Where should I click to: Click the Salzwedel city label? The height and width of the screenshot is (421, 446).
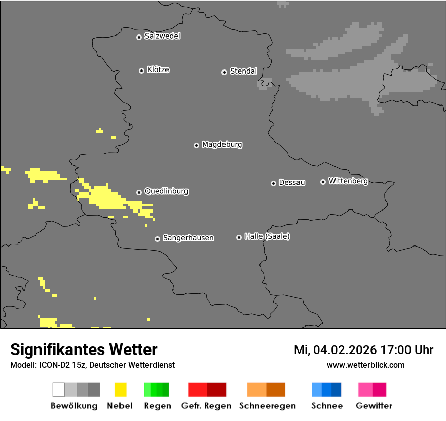tap(162, 36)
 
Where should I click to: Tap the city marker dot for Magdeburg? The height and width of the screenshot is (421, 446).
tap(196, 145)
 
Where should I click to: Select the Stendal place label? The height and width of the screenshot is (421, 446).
tap(243, 72)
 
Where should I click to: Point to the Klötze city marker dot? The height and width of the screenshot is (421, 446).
tap(141, 71)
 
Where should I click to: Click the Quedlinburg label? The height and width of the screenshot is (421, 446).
tap(166, 191)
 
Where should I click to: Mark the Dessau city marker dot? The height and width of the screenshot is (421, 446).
tap(273, 183)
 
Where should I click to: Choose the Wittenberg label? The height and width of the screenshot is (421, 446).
tap(348, 181)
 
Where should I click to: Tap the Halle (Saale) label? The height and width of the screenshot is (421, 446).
tap(267, 237)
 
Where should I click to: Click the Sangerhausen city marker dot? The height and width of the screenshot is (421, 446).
tap(157, 239)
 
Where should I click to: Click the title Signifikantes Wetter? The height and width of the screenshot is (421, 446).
tap(84, 350)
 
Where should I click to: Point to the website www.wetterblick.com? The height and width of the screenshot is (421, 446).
tap(365, 365)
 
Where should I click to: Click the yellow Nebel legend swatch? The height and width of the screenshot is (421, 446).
tap(120, 390)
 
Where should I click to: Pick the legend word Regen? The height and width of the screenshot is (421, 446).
tap(157, 406)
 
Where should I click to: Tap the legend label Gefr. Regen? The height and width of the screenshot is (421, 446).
tap(206, 406)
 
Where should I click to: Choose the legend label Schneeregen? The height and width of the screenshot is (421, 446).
tap(267, 406)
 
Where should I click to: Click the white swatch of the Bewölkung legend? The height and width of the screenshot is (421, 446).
tap(58, 390)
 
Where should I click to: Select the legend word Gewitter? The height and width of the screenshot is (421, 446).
tap(374, 406)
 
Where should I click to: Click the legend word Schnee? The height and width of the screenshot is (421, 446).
tap(327, 406)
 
